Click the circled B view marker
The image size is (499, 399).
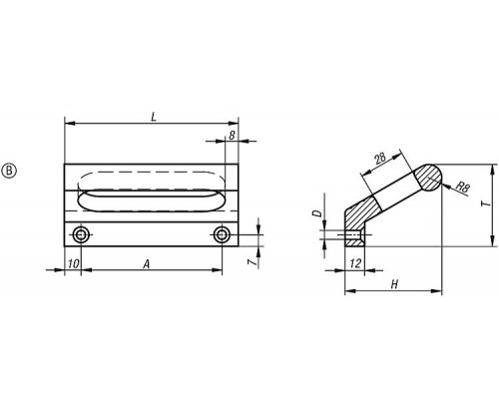point(9,171)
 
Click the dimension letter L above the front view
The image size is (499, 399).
point(154,117)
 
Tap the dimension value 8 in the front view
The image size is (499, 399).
point(232,135)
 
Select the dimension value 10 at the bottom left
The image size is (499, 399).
point(74,264)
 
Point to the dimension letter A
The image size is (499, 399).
point(147,264)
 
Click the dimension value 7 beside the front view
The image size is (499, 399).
point(252,262)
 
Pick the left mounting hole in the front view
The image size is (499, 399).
point(81,235)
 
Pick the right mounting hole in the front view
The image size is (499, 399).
point(222,235)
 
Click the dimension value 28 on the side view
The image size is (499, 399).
point(380,158)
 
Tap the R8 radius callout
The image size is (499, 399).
point(462,188)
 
